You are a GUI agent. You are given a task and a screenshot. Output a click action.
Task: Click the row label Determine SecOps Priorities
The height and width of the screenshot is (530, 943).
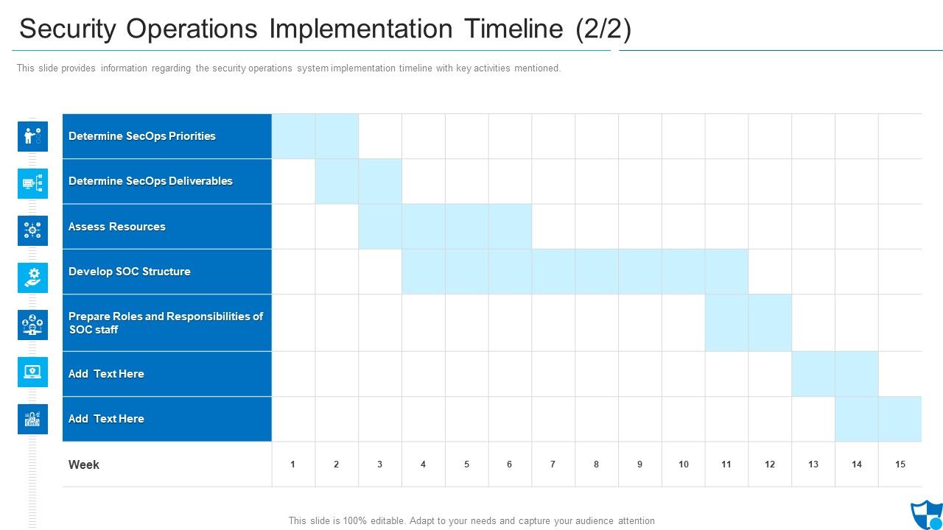(142, 136)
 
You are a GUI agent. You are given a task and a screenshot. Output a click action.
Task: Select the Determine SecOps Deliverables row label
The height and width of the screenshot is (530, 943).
(150, 181)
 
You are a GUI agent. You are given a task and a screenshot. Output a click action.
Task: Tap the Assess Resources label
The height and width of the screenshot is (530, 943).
(117, 227)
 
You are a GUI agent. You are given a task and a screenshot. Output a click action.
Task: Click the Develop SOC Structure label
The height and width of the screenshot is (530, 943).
(130, 272)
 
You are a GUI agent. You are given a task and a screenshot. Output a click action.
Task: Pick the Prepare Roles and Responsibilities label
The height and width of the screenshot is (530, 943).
(166, 322)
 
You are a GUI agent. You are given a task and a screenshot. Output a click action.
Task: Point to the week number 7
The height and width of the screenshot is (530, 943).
(553, 464)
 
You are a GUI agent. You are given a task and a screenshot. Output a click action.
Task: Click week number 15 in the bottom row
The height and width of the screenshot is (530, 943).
(900, 464)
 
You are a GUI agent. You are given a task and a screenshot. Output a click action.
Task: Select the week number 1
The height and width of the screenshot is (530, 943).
(293, 464)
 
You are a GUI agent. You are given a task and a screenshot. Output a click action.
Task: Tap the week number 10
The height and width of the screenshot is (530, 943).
(683, 464)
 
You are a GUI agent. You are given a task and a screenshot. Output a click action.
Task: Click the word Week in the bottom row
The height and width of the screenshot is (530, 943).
(84, 464)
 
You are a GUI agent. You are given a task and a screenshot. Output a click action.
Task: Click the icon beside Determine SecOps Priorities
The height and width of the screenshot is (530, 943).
(32, 136)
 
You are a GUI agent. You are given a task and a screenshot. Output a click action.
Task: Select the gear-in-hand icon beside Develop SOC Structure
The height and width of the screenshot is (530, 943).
(32, 278)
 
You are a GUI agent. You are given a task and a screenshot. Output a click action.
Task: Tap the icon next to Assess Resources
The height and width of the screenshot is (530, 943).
(32, 230)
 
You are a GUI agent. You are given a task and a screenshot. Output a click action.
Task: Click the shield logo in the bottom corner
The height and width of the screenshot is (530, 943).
(925, 515)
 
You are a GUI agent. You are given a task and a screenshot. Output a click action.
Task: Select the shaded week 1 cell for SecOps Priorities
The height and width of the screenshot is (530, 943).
(293, 136)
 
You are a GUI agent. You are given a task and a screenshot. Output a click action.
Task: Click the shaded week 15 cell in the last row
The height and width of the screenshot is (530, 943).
(900, 419)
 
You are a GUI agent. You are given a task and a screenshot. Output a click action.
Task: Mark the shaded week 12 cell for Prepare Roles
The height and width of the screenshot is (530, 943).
(770, 322)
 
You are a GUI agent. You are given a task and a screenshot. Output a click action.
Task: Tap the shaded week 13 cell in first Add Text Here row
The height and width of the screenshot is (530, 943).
(813, 374)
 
